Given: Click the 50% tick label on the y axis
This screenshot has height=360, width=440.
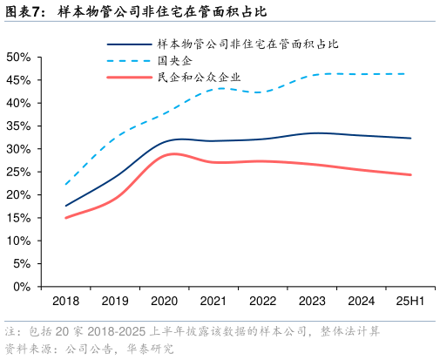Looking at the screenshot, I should point(18,57).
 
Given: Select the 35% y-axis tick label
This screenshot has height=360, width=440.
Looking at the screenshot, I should point(18,126).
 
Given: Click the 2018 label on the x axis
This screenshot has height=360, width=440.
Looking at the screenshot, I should point(66,302).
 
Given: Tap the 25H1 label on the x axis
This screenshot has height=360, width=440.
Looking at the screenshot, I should point(410,302).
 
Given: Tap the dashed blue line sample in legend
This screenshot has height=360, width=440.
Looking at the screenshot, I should point(128,61).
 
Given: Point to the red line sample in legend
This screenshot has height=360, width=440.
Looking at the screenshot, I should point(128,78).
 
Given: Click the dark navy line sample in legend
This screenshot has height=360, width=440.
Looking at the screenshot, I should point(128,44).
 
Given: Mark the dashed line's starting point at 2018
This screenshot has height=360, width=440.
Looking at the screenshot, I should point(66,184).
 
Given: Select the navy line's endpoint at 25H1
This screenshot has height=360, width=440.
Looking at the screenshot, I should point(410,138).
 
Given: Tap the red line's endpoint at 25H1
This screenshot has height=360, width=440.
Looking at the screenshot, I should point(410,174).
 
